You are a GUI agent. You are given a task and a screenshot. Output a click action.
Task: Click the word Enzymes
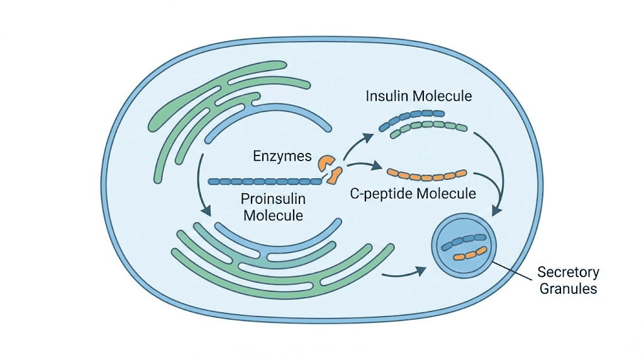282,155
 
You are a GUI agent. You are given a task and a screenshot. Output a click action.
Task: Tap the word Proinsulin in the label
272,199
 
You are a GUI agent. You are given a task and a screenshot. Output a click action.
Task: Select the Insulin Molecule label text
419,96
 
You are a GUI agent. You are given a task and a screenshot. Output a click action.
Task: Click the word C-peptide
381,193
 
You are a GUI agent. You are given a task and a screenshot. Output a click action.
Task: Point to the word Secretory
568,273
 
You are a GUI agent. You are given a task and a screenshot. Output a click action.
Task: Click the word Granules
568,290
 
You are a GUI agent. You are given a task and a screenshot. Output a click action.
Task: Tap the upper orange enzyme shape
326,162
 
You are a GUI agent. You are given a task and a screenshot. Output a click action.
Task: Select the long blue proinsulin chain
264,181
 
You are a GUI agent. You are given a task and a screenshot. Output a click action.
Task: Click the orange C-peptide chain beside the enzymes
426,172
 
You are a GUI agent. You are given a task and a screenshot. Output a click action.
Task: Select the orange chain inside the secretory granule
471,254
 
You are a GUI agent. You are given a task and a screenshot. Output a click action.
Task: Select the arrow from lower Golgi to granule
403,273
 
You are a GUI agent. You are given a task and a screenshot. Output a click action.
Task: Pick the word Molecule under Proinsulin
272,215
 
